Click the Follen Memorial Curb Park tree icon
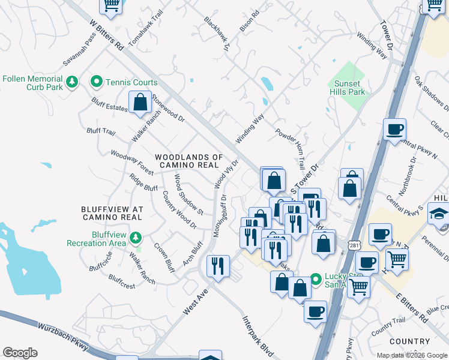coord(72,82)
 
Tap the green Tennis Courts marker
coord(96,82)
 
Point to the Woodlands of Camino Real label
coord(189,160)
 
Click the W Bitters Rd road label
coord(106,35)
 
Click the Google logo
coord(20,352)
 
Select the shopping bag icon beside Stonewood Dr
coord(140,102)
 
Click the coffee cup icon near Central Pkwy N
coord(394,130)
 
